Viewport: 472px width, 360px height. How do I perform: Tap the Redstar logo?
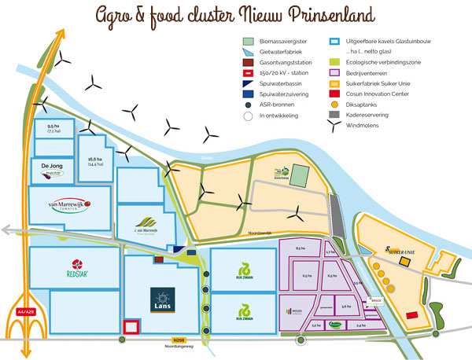pos(76,267)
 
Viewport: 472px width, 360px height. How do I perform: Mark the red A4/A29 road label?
pos(26,311)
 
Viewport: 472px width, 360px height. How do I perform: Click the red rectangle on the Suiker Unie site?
pos(411,314)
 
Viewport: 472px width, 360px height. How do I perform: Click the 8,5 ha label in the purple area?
pos(300,248)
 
